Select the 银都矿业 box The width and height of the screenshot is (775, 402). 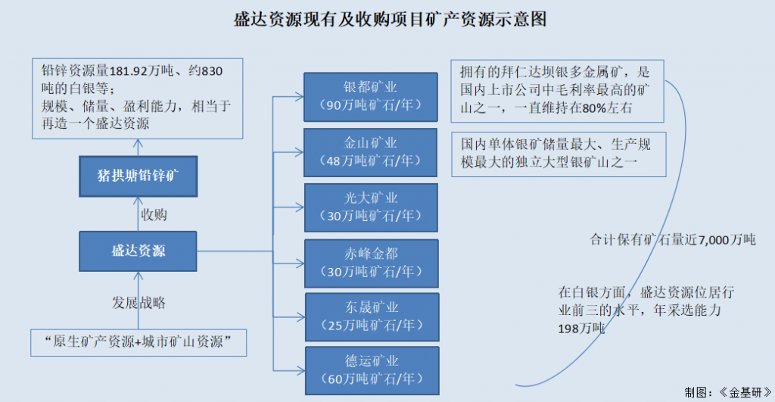point(371,96)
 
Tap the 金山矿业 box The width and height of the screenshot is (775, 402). point(371,151)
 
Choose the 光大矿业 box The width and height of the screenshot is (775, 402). point(371,207)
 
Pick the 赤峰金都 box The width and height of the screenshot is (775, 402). point(371,262)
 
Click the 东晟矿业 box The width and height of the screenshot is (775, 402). point(371,316)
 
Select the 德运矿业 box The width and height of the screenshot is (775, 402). point(371,369)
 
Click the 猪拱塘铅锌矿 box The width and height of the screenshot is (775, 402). point(138,176)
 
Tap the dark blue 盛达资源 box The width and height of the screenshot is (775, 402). point(138,251)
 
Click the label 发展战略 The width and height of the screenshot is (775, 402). point(139,303)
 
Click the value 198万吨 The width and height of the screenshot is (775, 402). point(582,328)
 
